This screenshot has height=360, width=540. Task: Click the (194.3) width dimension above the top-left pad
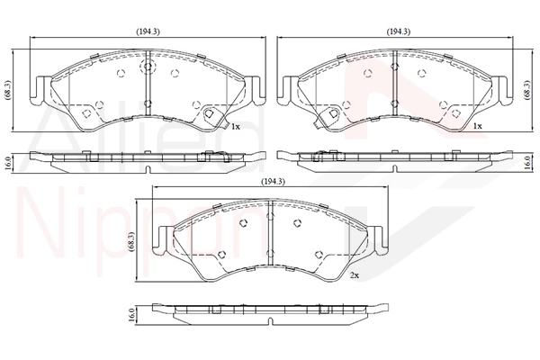[x=148, y=31]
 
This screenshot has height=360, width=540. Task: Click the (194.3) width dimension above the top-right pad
[x=399, y=31]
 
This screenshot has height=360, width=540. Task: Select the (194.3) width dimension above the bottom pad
[x=274, y=181]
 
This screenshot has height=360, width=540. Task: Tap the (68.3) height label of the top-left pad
[x=7, y=90]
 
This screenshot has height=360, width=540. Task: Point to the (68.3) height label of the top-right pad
[x=526, y=90]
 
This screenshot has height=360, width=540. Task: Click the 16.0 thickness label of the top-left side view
[x=7, y=164]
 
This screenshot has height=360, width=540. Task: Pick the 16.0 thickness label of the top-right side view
[x=526, y=162]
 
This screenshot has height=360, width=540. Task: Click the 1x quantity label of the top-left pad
[x=235, y=127]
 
